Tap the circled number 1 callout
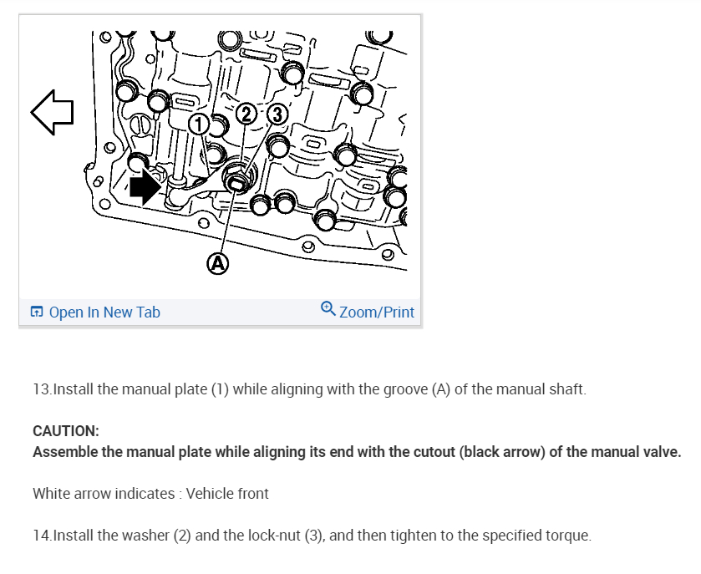click(198, 124)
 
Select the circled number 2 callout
click(246, 114)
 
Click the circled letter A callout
click(217, 264)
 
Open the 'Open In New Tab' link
click(104, 312)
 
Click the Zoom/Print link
click(377, 312)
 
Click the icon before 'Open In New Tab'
click(37, 312)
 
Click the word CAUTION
click(66, 431)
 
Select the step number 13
click(41, 390)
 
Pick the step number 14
click(41, 535)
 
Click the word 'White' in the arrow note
click(52, 494)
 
